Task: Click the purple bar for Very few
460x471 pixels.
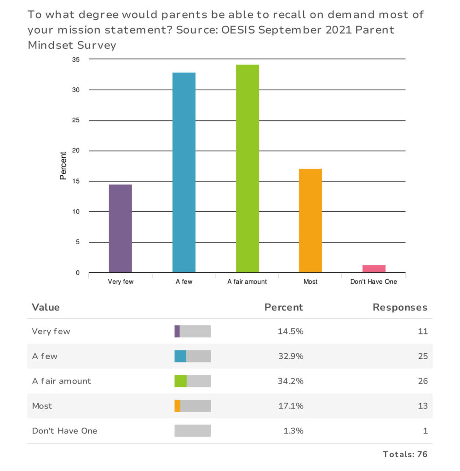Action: click(x=121, y=228)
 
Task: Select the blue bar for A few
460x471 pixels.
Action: click(x=184, y=172)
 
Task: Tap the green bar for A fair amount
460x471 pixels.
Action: click(x=247, y=169)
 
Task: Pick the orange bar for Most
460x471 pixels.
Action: click(x=310, y=221)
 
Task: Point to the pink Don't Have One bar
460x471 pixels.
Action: click(x=374, y=269)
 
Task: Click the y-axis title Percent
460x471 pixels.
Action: click(x=63, y=166)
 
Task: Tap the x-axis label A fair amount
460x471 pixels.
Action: click(x=247, y=281)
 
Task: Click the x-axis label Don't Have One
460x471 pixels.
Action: click(x=374, y=281)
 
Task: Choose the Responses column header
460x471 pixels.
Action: click(x=400, y=307)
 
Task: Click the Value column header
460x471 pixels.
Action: click(x=46, y=307)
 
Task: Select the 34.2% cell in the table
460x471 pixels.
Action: click(x=290, y=381)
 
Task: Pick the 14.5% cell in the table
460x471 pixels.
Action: click(x=290, y=331)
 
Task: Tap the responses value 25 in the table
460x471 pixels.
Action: click(x=423, y=356)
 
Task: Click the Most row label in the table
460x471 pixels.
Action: click(x=42, y=406)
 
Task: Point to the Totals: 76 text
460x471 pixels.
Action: click(x=405, y=454)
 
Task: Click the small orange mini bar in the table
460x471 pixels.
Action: click(x=178, y=406)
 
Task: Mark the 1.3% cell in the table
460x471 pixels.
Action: click(x=293, y=431)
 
